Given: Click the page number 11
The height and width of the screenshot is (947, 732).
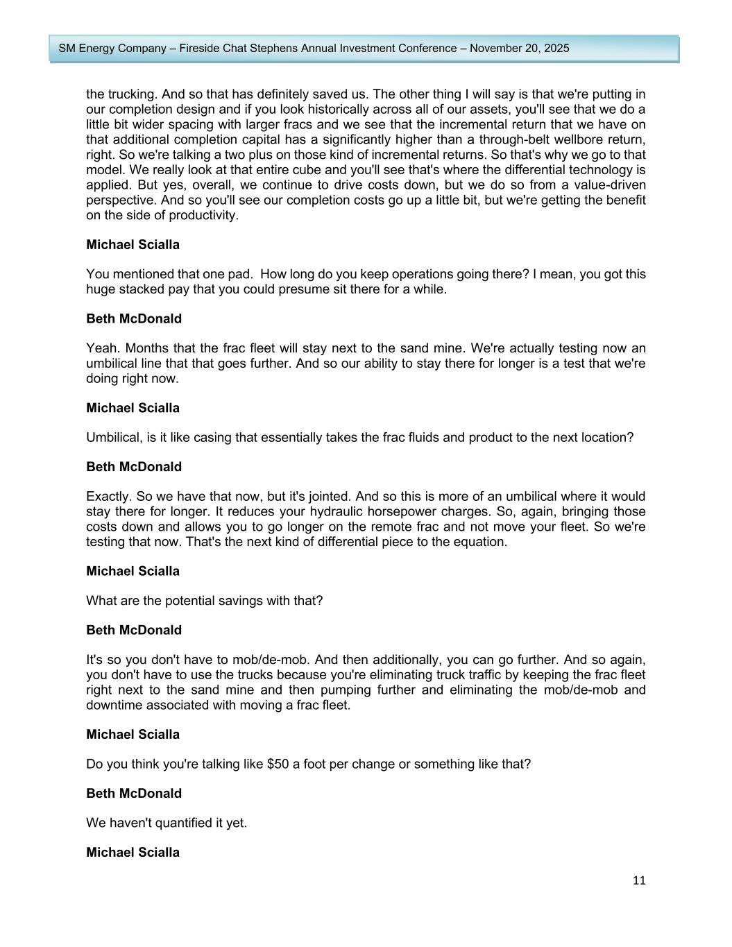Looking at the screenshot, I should (x=639, y=880).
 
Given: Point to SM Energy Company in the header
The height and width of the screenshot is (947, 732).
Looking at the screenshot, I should (x=112, y=49).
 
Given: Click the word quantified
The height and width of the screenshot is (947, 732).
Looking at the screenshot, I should (x=180, y=823).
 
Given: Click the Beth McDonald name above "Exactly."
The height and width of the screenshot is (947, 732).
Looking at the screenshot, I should (x=134, y=467).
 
